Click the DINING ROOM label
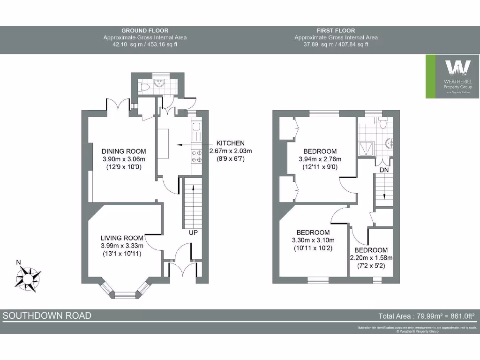click(x=124, y=151)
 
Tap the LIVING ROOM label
click(x=122, y=238)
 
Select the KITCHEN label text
click(x=230, y=143)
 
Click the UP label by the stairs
click(x=193, y=232)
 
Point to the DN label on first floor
click(x=384, y=169)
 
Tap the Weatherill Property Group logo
click(x=452, y=76)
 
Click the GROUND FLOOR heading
click(x=145, y=30)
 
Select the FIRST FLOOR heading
click(x=336, y=30)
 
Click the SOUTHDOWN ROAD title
click(x=47, y=315)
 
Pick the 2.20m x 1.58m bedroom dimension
click(x=371, y=258)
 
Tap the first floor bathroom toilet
click(x=382, y=123)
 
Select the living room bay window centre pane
click(x=124, y=295)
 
